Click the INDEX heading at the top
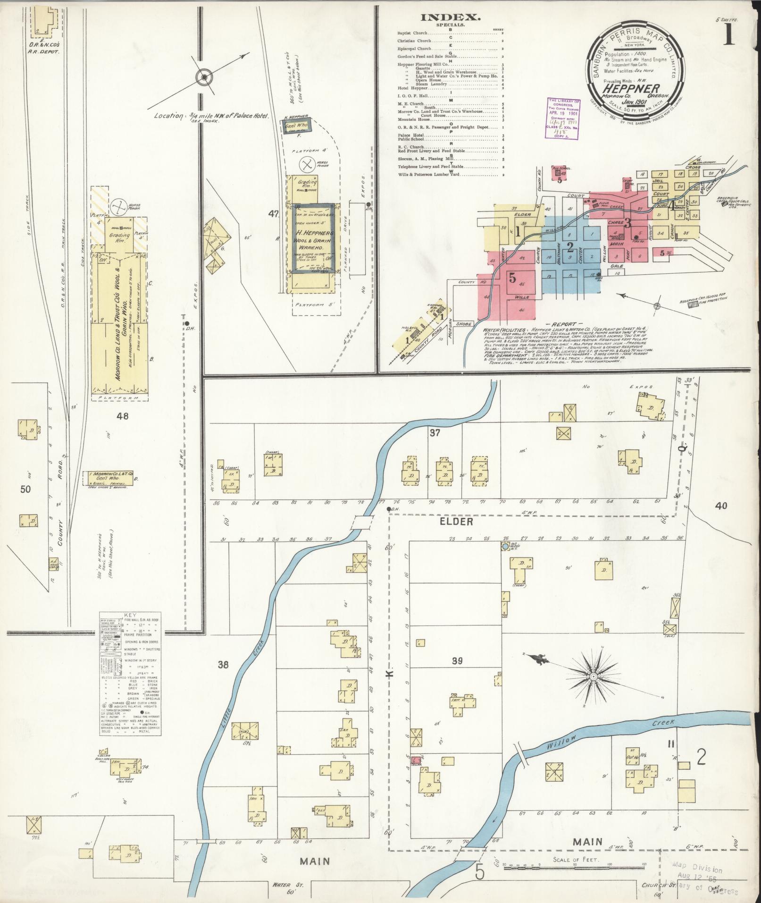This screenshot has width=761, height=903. (x=451, y=17)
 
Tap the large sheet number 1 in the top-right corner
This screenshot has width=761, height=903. (x=729, y=35)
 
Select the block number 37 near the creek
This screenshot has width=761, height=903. (x=434, y=432)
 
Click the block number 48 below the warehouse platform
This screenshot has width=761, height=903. (x=123, y=416)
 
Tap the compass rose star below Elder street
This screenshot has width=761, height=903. (x=594, y=676)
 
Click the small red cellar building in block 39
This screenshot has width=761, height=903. (x=416, y=773)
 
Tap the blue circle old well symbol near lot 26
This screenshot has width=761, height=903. (x=505, y=546)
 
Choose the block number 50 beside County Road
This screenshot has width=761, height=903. (x=25, y=489)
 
